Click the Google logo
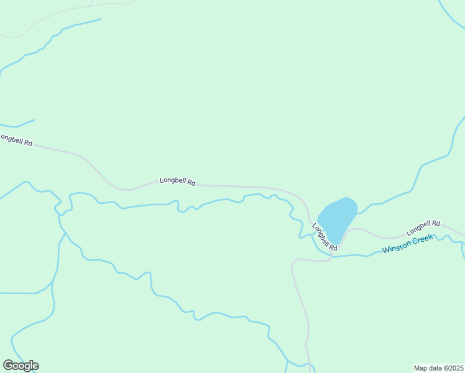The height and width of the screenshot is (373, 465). pos(21,366)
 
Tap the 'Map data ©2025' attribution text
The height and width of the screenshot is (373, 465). pos(438,368)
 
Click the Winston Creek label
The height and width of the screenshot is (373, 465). pos(407,244)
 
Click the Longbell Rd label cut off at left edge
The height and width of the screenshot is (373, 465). pos(16,139)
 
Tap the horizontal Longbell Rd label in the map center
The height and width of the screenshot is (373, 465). pos(178,182)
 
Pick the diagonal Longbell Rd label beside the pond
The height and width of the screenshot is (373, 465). pos(324,238)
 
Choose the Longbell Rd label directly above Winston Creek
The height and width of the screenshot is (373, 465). pos(423,228)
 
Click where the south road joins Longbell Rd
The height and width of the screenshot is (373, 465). pos(330,257)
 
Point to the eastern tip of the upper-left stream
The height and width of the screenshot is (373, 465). pos(101,19)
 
